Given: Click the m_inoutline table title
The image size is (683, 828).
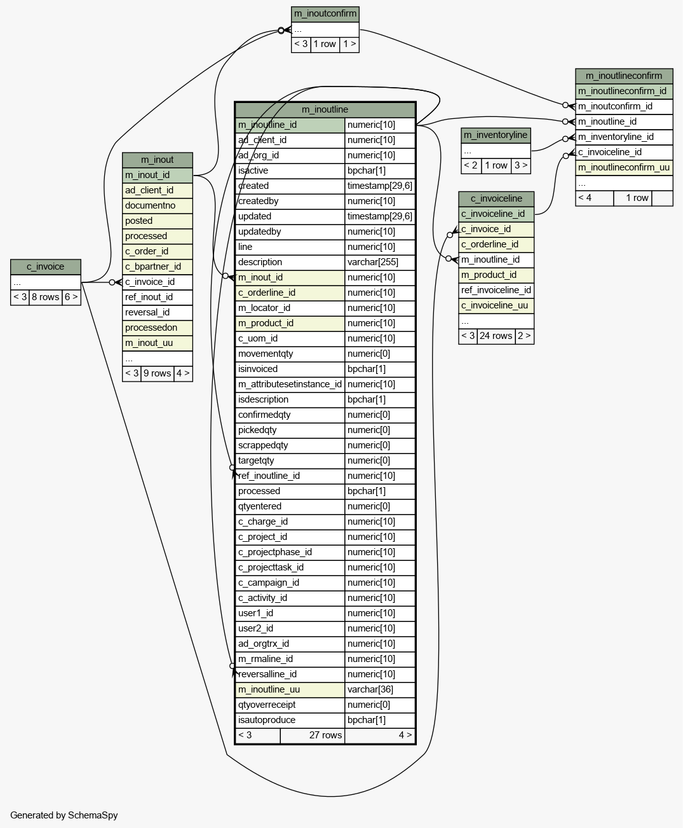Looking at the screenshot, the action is [325, 109].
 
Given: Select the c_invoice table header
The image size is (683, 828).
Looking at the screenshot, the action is [46, 266].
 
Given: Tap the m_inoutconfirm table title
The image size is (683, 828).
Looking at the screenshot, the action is [325, 14].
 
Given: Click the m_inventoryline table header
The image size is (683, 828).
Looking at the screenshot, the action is [496, 135].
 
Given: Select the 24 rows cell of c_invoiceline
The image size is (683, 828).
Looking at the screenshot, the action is [496, 336].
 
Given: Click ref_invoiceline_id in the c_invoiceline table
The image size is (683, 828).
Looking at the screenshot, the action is [496, 290].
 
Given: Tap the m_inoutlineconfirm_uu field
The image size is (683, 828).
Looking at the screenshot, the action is [624, 168].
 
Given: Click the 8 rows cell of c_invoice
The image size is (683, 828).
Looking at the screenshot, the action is [45, 298].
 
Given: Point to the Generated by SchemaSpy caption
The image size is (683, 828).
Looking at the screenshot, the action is [64, 815].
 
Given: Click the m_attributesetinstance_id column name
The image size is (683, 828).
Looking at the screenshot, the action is [290, 384].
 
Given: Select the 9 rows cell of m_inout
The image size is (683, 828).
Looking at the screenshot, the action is [158, 373].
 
